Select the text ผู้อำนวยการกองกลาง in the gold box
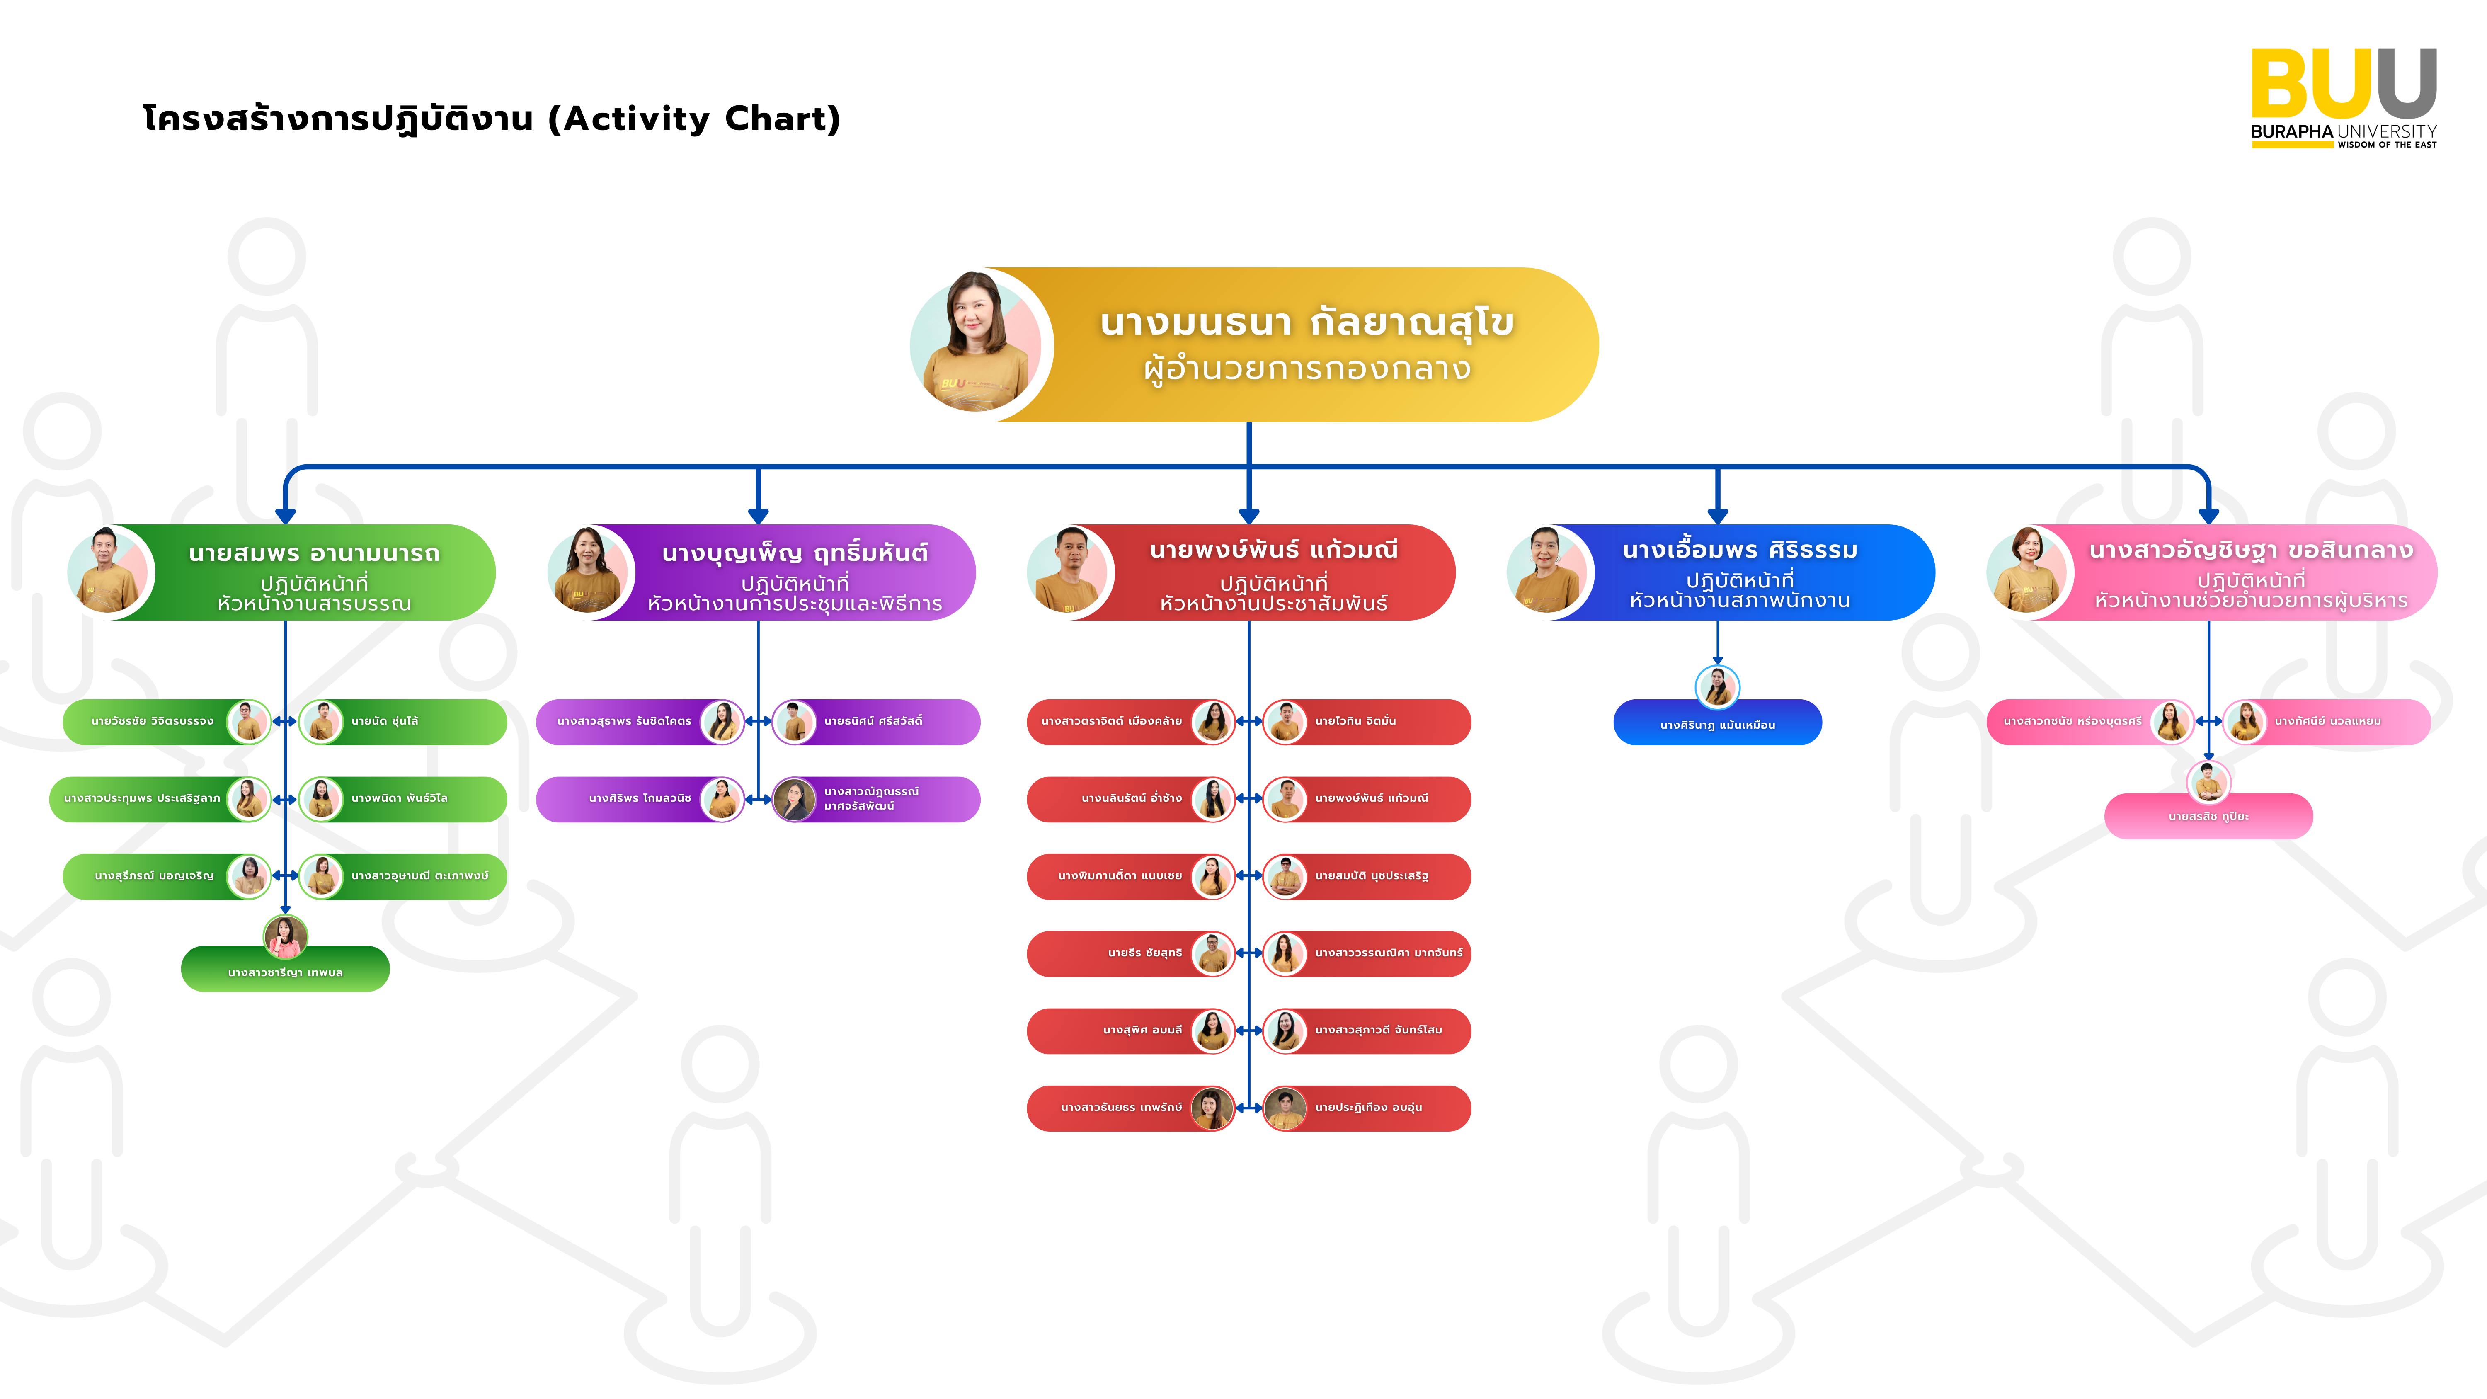coord(1306,369)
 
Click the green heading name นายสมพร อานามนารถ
coord(314,553)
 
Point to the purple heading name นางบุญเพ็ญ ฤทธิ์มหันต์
coord(795,553)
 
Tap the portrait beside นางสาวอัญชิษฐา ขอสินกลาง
coord(2029,572)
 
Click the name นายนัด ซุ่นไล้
coord(384,721)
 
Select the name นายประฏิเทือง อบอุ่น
coord(1368,1108)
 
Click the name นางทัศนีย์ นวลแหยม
coord(2327,721)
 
